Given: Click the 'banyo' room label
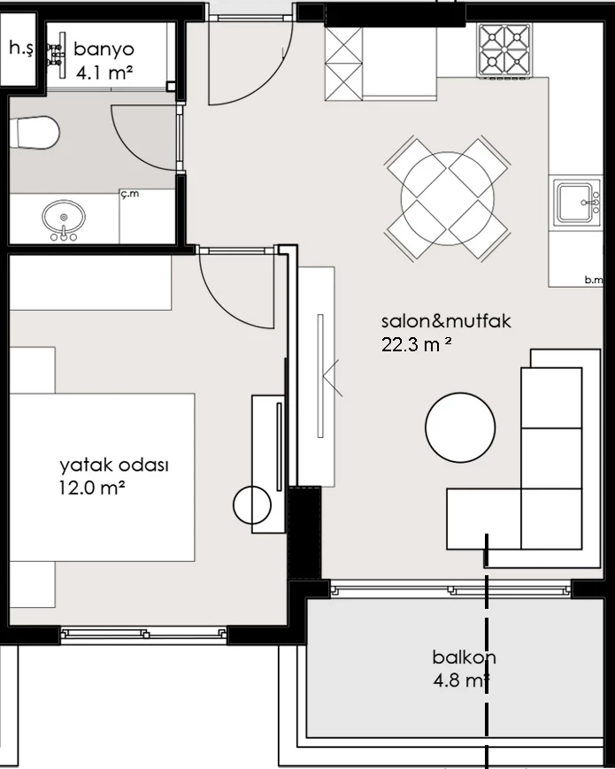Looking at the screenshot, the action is point(104,49).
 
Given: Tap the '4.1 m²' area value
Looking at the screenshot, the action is point(104,73).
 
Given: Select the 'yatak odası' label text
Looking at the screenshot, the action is point(114,465).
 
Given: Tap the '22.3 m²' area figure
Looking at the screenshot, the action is point(417,344).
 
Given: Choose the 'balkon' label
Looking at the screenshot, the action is point(464,657).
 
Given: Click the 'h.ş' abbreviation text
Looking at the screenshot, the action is point(21,48).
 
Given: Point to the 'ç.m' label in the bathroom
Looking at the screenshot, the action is point(130,194).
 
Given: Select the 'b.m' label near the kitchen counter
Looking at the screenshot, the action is point(594,280).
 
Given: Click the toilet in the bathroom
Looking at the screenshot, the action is point(35,133).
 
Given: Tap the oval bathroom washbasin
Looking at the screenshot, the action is point(63,219).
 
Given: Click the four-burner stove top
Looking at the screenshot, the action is point(504,50).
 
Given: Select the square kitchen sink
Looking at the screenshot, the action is point(577,203).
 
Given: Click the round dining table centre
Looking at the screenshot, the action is point(447,198).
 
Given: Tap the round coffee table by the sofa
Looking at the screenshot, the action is point(460,427).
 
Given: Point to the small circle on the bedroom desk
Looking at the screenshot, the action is point(252,505).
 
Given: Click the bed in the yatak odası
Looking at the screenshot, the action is point(102,477).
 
